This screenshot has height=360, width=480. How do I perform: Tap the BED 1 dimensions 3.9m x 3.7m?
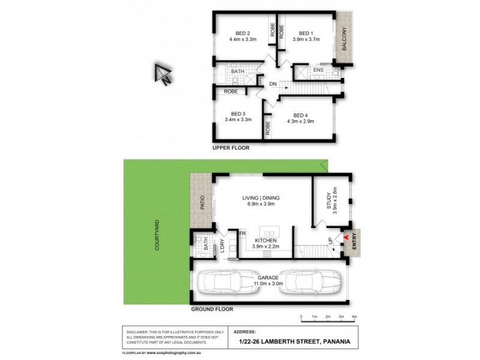click(x=306, y=40)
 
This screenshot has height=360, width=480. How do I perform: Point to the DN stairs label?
click(x=273, y=83)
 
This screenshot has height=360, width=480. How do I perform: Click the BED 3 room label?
click(x=238, y=113)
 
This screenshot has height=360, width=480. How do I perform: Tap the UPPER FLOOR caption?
click(x=230, y=148)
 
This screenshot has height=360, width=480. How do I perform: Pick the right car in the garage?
click(x=309, y=282)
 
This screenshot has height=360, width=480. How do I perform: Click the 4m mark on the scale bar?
click(x=354, y=316)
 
